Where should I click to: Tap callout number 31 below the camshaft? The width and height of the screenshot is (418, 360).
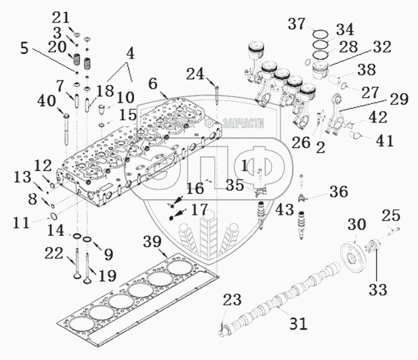click(x=298, y=324)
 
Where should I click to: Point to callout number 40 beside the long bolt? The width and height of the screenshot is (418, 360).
click(x=47, y=101)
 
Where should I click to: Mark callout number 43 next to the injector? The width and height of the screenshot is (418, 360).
click(x=285, y=210)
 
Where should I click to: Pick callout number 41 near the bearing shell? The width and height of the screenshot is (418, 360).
click(x=384, y=141)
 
